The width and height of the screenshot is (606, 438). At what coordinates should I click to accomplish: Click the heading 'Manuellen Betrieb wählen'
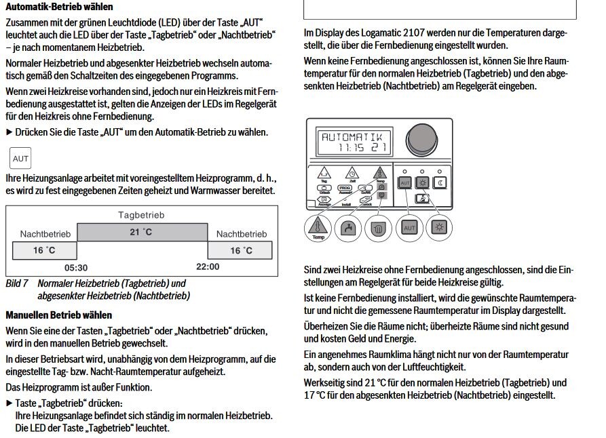59,315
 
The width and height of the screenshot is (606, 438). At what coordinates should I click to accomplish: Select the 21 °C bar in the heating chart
141,232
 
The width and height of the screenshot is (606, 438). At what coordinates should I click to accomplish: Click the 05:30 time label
76,267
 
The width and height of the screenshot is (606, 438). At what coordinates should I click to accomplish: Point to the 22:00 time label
207,266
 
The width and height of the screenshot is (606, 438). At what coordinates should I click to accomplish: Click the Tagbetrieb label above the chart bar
141,215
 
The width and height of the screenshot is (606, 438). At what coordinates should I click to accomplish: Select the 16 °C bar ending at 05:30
45,250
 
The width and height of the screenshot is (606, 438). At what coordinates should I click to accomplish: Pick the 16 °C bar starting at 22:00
241,250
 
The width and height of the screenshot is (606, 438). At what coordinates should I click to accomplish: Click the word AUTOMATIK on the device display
352,136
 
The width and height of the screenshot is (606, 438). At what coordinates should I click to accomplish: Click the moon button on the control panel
440,183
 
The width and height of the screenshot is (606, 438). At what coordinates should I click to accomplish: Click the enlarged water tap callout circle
347,227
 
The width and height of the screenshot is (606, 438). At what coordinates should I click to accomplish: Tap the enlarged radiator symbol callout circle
379,227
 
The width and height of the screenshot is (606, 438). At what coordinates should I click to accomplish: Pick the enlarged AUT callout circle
409,227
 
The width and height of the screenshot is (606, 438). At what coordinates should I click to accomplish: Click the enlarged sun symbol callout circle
440,227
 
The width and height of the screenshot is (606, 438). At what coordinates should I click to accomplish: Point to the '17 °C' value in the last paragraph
314,395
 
